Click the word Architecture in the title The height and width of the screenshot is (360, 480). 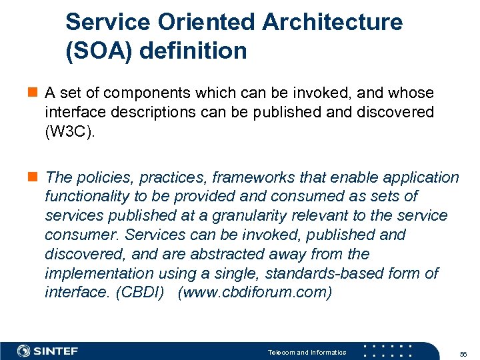[332, 22]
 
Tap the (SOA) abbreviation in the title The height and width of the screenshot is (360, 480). [100, 51]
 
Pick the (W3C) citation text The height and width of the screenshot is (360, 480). [70, 131]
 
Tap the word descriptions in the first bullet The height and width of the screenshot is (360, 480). [155, 112]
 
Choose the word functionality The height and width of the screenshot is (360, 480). [87, 197]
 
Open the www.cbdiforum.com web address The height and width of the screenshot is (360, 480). [254, 293]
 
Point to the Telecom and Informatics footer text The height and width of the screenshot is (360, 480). [307, 352]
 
